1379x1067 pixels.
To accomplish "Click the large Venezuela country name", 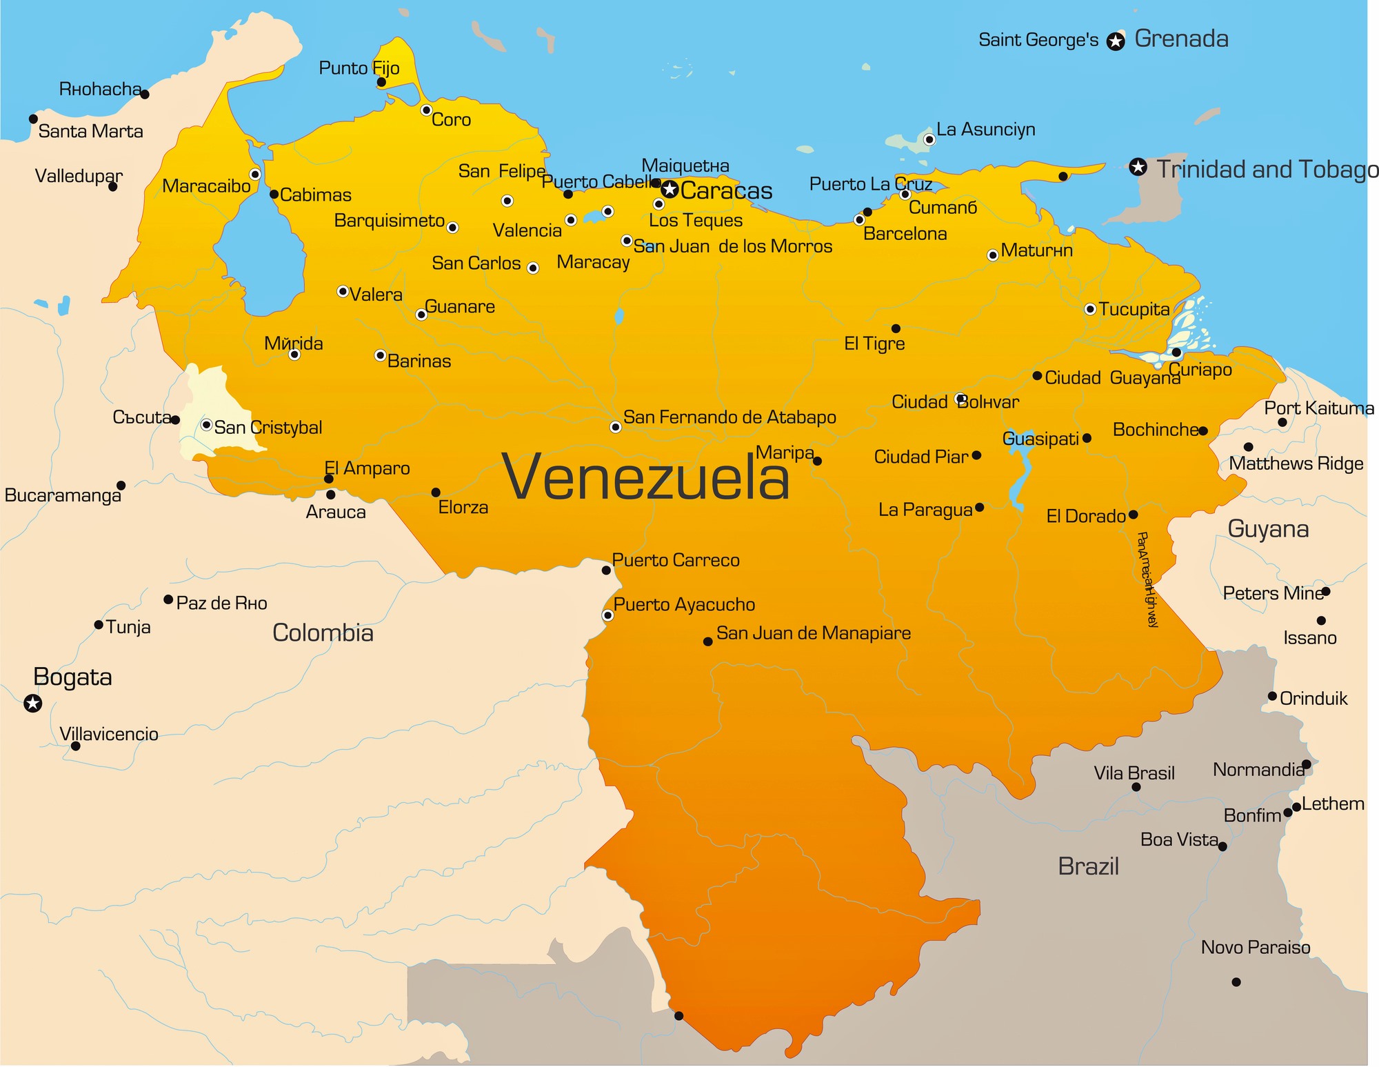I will pos(646,478).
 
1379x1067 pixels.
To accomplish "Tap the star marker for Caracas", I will pos(669,189).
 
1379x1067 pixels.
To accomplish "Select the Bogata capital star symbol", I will pos(32,703).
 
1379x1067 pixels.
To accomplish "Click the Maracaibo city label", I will pos(206,186).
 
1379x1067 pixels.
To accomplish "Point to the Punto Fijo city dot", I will pos(381,82).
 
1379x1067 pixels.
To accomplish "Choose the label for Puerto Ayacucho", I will pos(684,605).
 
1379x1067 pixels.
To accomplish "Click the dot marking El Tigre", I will pos(896,328).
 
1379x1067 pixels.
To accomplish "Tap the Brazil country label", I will pos(1088,866).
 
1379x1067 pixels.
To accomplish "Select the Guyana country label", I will pos(1268,529).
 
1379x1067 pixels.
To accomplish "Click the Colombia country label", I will pos(323,633).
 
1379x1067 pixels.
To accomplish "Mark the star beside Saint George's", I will pos(1115,41).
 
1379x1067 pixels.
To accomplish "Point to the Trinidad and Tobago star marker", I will pos(1138,167).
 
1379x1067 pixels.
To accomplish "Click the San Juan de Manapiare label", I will pos(813,633).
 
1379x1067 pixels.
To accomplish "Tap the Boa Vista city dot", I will pos(1222,846).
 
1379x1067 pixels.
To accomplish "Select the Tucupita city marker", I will pos(1089,309).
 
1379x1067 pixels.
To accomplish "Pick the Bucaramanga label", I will pos(63,495).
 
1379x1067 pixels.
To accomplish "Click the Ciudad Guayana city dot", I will pos(1037,375).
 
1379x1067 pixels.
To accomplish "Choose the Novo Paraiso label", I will pos(1255,948).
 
